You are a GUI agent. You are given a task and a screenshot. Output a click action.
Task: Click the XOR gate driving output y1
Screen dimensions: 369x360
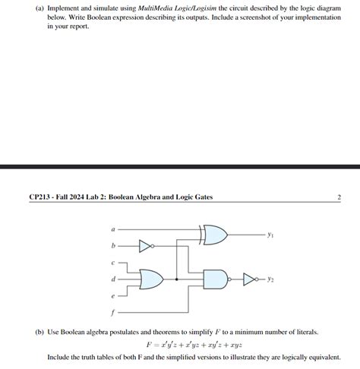pyautogui.click(x=215, y=235)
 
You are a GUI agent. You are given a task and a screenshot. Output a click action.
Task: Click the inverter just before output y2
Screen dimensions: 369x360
pyautogui.click(x=250, y=279)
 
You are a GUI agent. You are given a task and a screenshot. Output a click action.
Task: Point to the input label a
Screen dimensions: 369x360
pyautogui.click(x=114, y=228)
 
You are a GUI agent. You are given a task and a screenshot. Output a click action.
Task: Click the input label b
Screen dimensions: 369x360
pyautogui.click(x=114, y=245)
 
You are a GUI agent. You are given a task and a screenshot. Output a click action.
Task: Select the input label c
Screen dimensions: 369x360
pyautogui.click(x=114, y=263)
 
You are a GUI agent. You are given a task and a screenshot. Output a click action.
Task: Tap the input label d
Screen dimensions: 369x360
pyautogui.click(x=114, y=279)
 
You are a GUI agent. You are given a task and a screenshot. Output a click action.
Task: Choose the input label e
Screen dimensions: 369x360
pyautogui.click(x=114, y=296)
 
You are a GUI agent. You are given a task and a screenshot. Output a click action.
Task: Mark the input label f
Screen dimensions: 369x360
pyautogui.click(x=114, y=311)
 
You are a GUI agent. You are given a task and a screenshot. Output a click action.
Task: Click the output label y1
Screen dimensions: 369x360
pyautogui.click(x=271, y=235)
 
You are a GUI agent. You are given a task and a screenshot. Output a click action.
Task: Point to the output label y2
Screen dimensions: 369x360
pyautogui.click(x=271, y=279)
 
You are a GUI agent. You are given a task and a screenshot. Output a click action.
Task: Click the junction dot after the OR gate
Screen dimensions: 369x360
pyautogui.click(x=177, y=279)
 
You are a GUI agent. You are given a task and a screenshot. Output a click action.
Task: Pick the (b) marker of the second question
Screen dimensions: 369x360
pyautogui.click(x=39, y=332)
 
